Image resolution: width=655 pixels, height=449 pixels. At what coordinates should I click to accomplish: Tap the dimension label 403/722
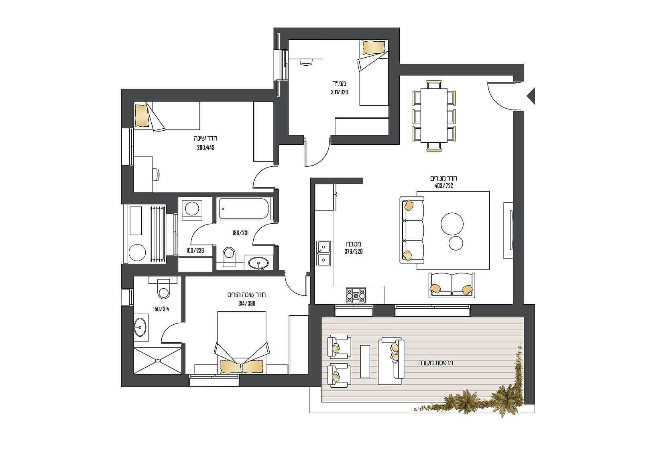click(x=443, y=186)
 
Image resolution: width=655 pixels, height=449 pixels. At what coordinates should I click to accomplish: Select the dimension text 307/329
click(x=339, y=92)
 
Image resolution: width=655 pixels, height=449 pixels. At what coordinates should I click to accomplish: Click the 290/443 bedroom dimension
click(x=205, y=148)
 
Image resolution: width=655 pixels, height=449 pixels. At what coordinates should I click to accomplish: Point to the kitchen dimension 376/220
click(x=354, y=251)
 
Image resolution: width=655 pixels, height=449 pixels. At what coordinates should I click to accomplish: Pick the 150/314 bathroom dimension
click(x=161, y=309)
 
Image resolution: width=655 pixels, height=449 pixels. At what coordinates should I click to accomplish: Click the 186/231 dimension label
click(x=240, y=233)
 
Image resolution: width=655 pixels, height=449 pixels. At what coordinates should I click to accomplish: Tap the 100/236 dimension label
click(x=195, y=251)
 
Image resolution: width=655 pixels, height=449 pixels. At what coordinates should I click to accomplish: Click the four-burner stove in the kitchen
click(x=356, y=295)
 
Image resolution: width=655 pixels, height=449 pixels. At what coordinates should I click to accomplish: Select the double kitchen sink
click(x=324, y=253)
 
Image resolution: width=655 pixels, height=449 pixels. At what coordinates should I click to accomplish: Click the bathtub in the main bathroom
click(x=243, y=208)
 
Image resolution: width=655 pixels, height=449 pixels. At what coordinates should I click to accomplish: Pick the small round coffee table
click(x=456, y=243)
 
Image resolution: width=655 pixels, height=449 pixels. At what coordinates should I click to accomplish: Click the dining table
click(x=434, y=115)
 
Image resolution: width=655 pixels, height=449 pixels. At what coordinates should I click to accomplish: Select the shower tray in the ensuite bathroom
click(x=158, y=361)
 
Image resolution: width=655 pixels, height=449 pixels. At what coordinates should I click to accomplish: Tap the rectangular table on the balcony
click(x=365, y=361)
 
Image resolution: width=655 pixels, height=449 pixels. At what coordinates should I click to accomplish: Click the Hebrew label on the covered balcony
click(x=436, y=363)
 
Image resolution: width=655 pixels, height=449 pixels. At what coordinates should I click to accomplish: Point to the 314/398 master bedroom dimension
click(x=247, y=303)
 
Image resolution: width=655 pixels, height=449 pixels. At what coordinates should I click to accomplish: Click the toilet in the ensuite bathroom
click(x=163, y=289)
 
